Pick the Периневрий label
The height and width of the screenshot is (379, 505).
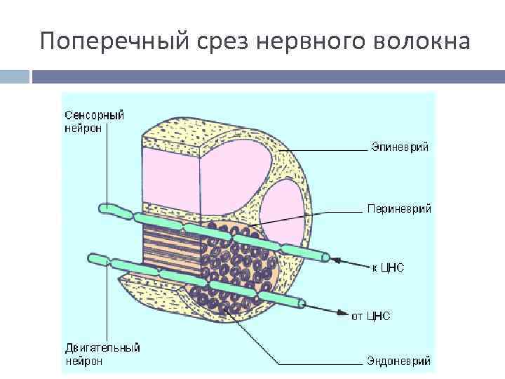pos(399,208)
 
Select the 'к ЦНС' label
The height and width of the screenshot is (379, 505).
pos(388,267)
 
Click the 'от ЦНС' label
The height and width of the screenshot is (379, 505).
pos(370,317)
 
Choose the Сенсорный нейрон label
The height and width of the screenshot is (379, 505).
pos(94,121)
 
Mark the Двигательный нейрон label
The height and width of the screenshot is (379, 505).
pos(102,354)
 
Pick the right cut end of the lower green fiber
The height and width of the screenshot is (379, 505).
pos(302,302)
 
